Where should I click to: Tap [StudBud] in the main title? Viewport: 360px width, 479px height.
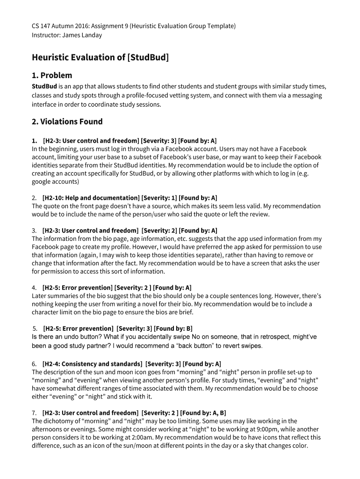(148, 58)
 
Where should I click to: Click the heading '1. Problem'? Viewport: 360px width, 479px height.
(52, 75)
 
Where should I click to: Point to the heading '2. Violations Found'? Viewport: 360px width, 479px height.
(67, 122)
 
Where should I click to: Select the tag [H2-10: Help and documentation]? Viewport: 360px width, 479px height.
(91, 198)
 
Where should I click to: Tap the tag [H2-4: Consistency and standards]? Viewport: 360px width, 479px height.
(92, 363)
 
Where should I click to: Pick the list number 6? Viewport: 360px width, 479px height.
(34, 363)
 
